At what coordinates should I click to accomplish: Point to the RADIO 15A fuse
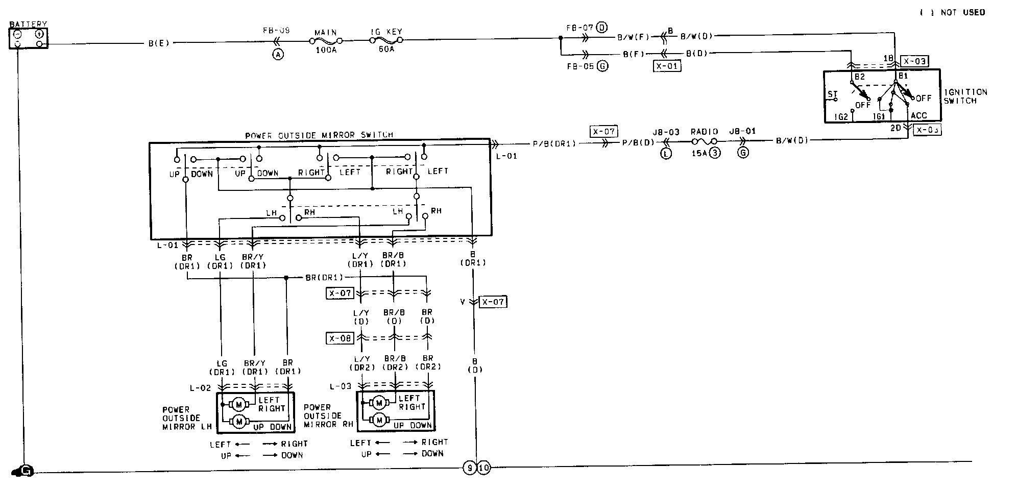point(704,141)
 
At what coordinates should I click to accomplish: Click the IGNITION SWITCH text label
point(965,96)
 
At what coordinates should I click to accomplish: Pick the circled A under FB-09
point(278,55)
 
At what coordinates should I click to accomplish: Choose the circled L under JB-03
point(666,153)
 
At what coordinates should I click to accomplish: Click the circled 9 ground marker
point(469,468)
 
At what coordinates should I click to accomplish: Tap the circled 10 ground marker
point(483,468)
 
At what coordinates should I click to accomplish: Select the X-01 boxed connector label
point(667,66)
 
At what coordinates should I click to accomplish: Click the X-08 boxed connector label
point(340,338)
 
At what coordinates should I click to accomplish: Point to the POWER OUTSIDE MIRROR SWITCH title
point(319,135)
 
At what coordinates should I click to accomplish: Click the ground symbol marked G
point(25,471)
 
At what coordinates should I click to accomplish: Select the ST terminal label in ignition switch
point(832,94)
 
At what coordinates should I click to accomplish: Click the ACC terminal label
point(918,116)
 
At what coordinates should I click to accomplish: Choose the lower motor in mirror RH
point(379,420)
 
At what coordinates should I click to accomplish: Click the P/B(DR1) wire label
point(554,143)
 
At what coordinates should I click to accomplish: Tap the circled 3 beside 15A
point(715,153)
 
